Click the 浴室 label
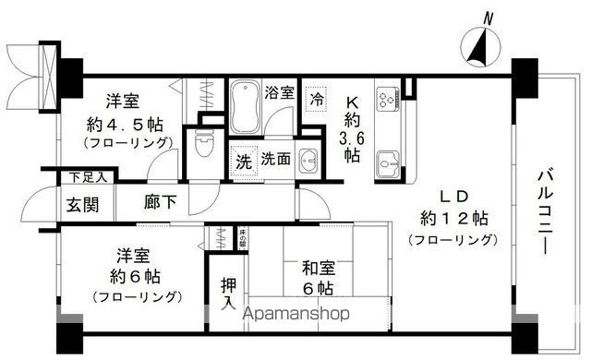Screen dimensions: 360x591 coord(279,92)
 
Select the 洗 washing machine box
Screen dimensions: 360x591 coord(242,158)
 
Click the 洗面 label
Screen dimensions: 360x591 coord(276,158)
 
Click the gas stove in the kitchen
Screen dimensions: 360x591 coord(386,96)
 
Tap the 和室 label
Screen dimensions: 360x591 coord(318,270)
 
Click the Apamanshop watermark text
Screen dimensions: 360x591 coord(295,313)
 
